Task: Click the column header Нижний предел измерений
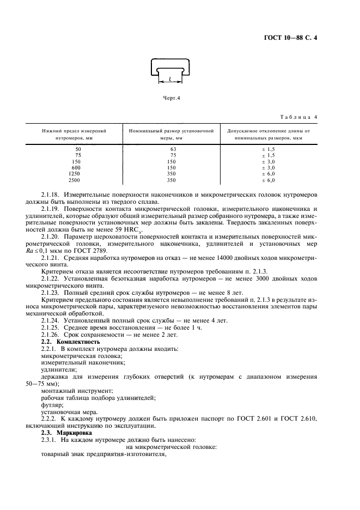(74, 131)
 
